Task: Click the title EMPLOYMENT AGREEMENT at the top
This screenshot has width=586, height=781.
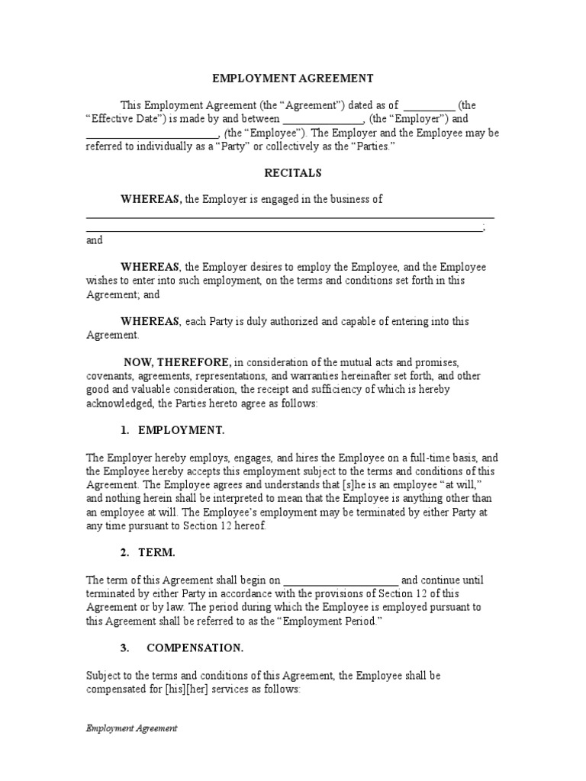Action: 292,78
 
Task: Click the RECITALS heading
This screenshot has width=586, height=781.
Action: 293,172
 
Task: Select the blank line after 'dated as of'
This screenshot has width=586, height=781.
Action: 429,105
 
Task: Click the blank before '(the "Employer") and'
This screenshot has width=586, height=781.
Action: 324,119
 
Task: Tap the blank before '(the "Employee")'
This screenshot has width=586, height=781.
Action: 152,133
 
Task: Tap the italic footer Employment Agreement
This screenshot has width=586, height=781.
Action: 131,728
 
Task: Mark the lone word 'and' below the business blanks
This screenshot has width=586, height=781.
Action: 94,240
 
